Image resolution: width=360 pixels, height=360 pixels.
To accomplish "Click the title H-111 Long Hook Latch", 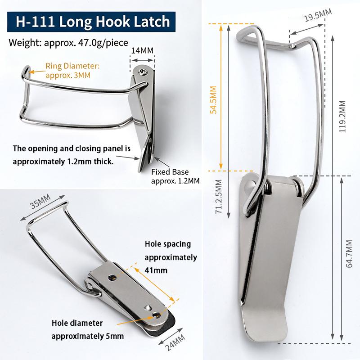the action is click(93, 22).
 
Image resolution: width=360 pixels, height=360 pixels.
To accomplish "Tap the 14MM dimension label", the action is click(142, 50).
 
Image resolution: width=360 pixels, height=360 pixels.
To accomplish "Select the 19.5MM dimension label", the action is click(318, 15).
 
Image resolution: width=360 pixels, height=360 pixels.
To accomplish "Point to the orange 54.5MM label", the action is click(213, 100).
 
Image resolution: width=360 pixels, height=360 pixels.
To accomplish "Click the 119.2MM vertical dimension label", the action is click(342, 117).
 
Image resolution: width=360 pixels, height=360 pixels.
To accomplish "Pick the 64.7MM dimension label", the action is click(349, 254).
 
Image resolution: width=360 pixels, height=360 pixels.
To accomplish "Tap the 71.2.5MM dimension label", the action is click(219, 197).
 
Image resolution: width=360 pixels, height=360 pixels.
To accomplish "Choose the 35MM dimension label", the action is click(40, 202).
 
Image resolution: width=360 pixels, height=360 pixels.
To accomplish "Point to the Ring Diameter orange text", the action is click(72, 71).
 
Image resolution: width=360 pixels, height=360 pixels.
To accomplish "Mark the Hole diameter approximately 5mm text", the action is click(88, 330).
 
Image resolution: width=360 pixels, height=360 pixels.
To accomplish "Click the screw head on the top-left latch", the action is click(142, 72).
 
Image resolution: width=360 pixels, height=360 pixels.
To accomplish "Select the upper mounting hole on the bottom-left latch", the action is click(112, 278).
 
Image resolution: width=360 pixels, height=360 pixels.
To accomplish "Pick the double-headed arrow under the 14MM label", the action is click(143, 60).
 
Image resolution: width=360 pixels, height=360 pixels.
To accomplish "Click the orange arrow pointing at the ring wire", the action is click(38, 72).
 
